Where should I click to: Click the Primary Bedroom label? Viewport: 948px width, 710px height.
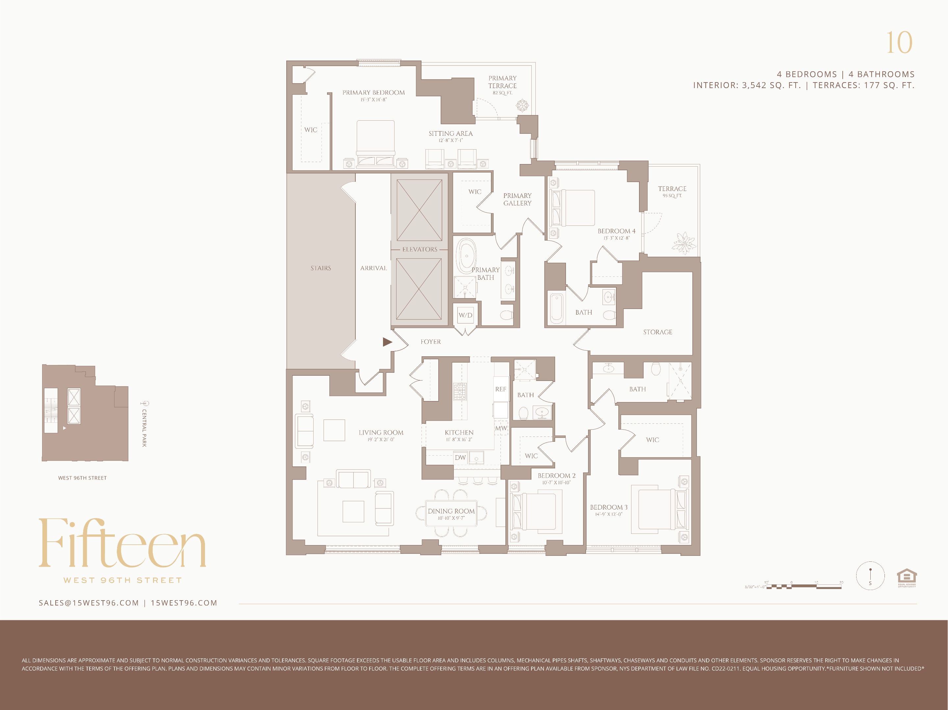(x=373, y=92)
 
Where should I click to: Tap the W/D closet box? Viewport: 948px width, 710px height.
(x=465, y=315)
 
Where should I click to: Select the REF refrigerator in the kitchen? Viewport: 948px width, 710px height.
(x=500, y=389)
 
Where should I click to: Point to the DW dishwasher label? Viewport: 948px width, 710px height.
(x=460, y=457)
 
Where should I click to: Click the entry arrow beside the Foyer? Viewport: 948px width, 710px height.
(x=387, y=342)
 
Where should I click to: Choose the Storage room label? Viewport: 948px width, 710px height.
(x=657, y=332)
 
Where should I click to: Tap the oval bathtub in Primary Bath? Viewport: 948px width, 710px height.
(x=466, y=256)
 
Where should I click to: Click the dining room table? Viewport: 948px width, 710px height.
(x=451, y=513)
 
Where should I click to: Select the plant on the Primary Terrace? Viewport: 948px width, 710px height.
(x=522, y=105)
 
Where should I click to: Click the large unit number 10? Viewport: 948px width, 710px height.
(x=899, y=43)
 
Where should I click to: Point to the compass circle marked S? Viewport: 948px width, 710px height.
(x=870, y=576)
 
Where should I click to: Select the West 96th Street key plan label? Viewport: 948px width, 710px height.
(x=82, y=478)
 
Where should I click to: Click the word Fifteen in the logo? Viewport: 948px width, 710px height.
(x=122, y=544)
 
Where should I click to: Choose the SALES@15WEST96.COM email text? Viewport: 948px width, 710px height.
(x=89, y=603)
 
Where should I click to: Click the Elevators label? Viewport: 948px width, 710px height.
(x=420, y=249)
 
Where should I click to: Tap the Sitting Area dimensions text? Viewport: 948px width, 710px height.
(x=450, y=140)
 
